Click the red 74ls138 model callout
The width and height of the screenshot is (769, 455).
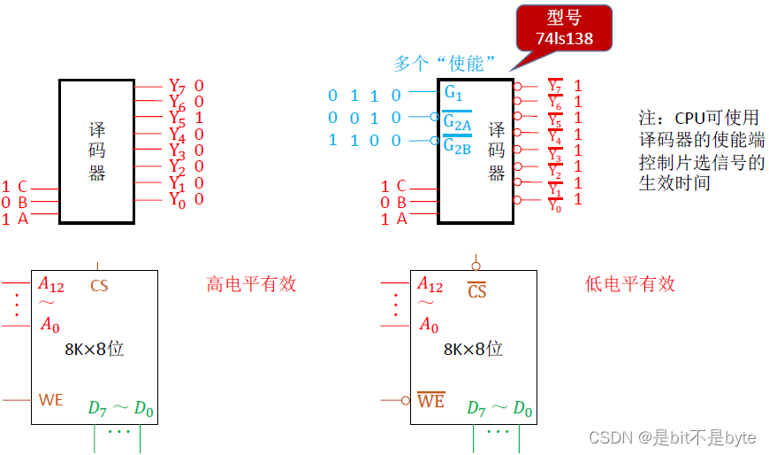click(564, 28)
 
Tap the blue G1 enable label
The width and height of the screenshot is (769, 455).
click(453, 92)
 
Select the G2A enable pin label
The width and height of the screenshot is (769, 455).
click(457, 121)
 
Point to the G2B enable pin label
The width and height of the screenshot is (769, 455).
click(457, 145)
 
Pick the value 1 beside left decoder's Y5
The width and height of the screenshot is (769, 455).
click(199, 118)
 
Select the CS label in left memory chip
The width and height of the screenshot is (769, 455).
click(100, 286)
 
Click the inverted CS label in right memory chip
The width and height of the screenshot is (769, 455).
click(477, 290)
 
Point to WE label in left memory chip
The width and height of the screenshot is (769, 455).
click(51, 400)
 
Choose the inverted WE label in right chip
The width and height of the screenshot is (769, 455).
click(430, 401)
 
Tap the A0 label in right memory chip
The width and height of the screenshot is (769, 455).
click(429, 326)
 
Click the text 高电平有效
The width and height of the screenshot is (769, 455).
click(251, 284)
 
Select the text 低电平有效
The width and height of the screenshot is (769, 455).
click(630, 284)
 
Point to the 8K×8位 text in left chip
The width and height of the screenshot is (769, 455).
click(95, 349)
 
